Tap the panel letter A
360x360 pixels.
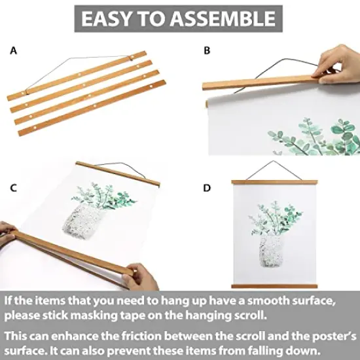point(13,50)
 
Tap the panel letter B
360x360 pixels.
point(207,50)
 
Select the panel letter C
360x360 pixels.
point(13,188)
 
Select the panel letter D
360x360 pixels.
point(207,188)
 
